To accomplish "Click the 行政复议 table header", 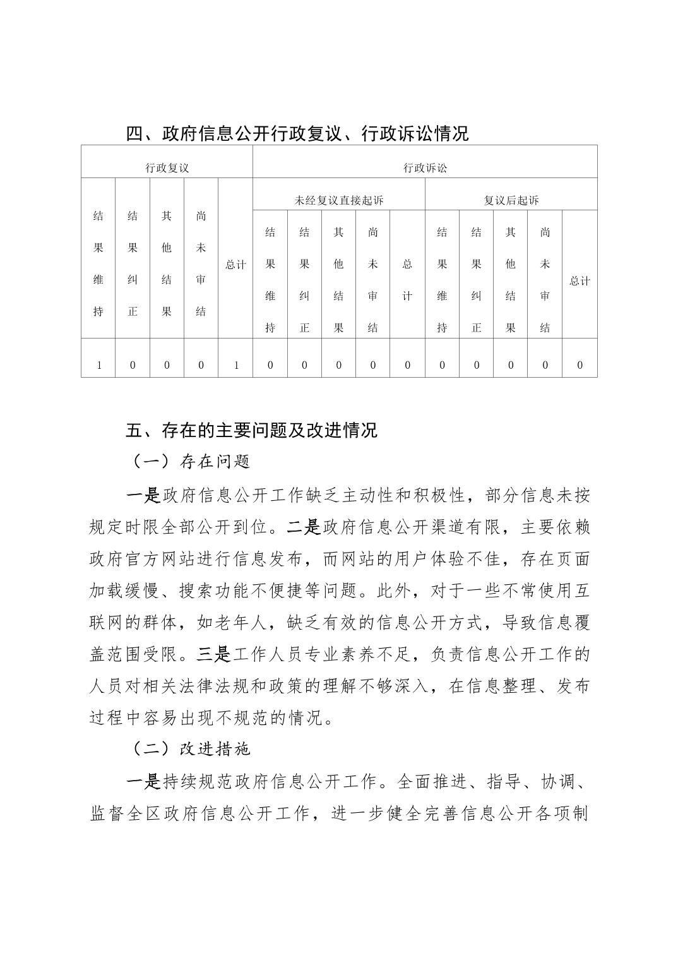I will tap(167, 168).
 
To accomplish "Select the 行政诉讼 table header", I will tap(425, 168).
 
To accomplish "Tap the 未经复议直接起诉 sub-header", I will tap(338, 201).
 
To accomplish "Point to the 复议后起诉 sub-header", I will tap(511, 201).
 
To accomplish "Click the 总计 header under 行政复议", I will tap(235, 265).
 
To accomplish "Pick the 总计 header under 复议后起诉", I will tap(580, 281).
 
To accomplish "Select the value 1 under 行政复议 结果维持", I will tap(98, 365).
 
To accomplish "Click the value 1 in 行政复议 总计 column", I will tap(235, 365).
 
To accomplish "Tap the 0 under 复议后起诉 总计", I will tap(580, 365).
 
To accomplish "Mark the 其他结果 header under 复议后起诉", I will tap(511, 280).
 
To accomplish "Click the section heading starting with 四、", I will tap(297, 133).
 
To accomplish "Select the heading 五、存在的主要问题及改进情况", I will tap(251, 430).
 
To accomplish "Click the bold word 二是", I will tap(304, 527).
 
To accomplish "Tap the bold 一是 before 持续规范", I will tap(144, 782).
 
